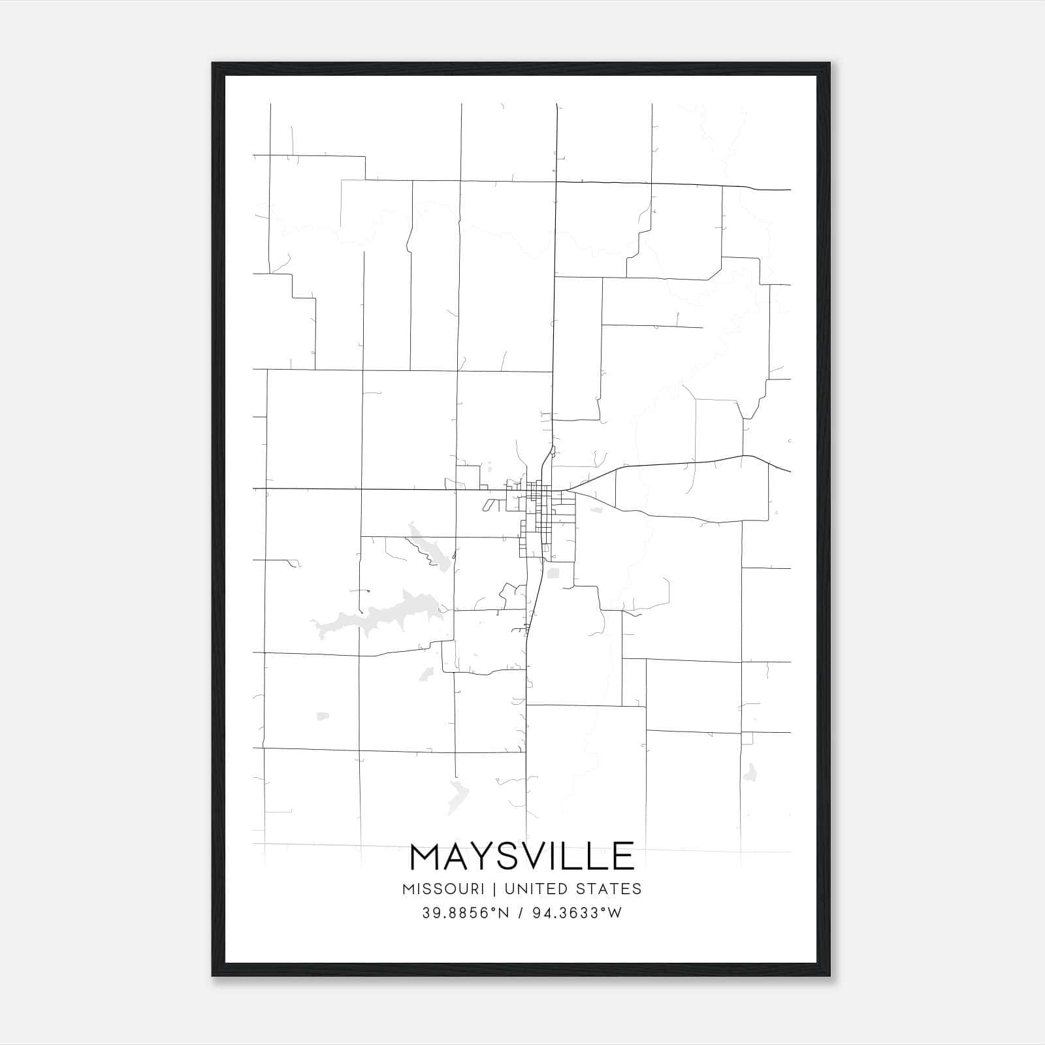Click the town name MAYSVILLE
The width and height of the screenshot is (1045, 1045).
[x=522, y=856]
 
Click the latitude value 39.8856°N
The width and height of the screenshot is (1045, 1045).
[x=465, y=913]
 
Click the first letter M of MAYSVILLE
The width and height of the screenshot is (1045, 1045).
[x=426, y=856]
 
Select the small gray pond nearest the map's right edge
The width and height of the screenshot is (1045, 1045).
[x=750, y=773]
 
